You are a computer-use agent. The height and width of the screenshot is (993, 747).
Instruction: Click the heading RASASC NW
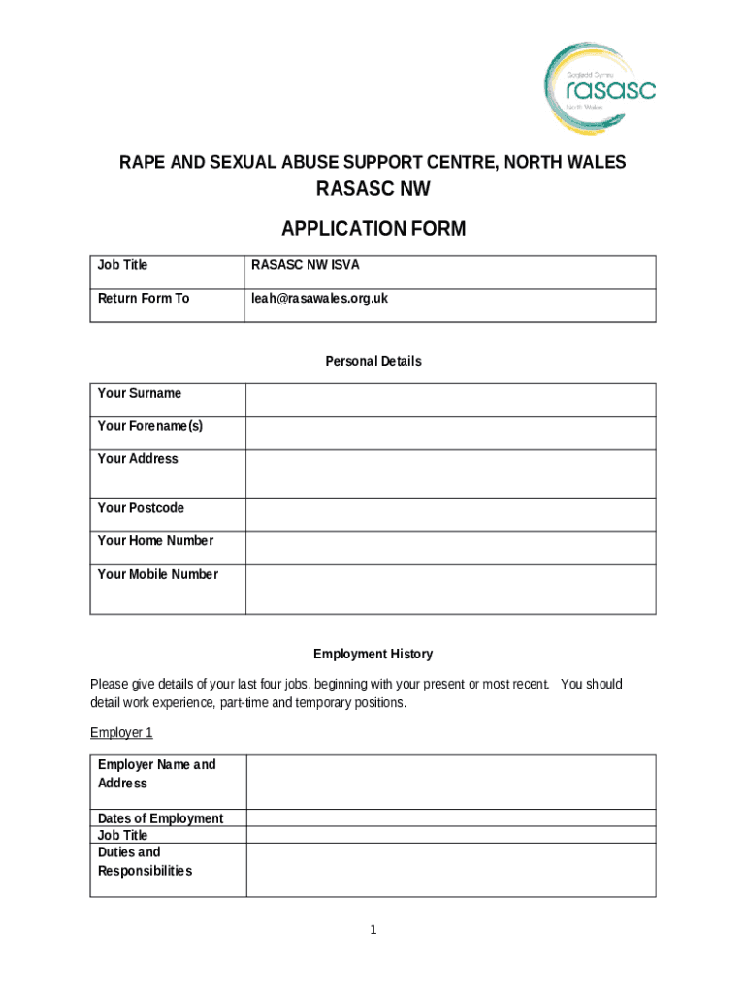pos(373,190)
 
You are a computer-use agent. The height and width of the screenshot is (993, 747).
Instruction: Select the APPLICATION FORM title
pos(373,229)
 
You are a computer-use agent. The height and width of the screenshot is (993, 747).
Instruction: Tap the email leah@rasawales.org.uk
pos(319,299)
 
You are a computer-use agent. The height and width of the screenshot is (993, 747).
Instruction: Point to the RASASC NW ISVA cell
pos(306,265)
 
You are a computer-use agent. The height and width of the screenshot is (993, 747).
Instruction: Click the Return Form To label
pos(144,299)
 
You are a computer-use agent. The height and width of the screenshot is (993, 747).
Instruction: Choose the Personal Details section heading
pos(373,361)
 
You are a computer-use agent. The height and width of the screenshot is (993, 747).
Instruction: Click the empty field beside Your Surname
pos(450,400)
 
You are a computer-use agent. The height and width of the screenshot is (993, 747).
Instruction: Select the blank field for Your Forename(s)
pos(450,432)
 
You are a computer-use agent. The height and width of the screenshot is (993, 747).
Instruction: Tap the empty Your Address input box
pos(450,473)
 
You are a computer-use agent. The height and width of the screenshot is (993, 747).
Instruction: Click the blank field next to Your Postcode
pos(450,515)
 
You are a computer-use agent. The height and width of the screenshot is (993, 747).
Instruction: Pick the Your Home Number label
pos(155,541)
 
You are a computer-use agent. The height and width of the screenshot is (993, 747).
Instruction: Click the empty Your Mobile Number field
pos(450,589)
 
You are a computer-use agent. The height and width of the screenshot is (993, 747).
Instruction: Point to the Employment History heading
pos(373,655)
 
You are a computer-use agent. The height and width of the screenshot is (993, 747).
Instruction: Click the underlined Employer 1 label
pos(121,732)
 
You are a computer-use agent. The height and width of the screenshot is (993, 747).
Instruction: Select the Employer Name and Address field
pos(450,782)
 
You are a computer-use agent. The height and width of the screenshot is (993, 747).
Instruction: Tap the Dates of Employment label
pos(160,818)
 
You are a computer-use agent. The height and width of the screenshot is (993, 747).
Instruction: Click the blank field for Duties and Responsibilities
pos(450,869)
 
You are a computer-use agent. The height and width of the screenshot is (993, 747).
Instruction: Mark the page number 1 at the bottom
pos(373,931)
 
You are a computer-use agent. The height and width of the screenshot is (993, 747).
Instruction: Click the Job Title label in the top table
pos(123,265)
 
